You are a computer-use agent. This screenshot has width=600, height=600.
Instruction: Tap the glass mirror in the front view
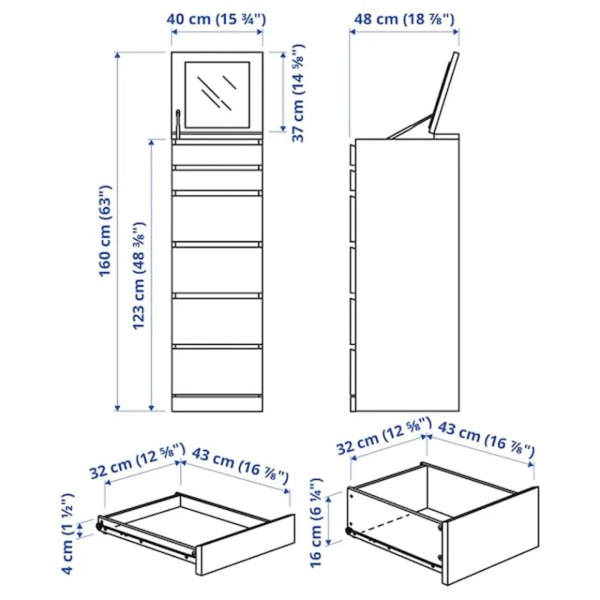click(x=217, y=94)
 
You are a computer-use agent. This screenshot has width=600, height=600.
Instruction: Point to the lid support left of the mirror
click(x=178, y=124)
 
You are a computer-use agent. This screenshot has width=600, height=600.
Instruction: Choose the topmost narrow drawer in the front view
click(x=217, y=154)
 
